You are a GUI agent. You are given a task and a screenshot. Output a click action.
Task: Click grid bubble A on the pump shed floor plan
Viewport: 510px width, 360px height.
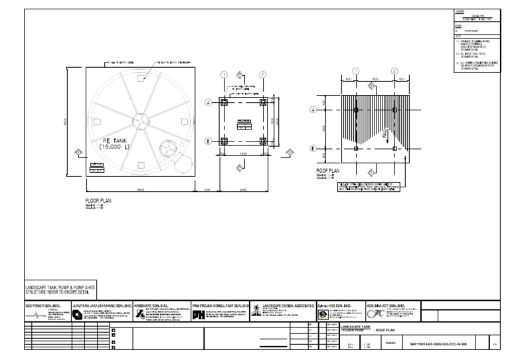click(x=208, y=102)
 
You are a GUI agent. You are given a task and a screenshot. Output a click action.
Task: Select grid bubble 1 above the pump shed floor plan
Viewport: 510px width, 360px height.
click(x=224, y=74)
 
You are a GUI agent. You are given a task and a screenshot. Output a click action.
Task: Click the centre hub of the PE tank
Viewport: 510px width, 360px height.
click(x=141, y=120)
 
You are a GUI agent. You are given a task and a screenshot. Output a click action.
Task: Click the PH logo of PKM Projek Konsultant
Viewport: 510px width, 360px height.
click(x=198, y=315)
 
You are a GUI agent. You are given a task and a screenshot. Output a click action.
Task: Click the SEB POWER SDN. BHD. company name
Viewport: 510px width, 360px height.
click(x=43, y=306)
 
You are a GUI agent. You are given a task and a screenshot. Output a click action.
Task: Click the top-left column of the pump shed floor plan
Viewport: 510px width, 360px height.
click(x=225, y=102)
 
